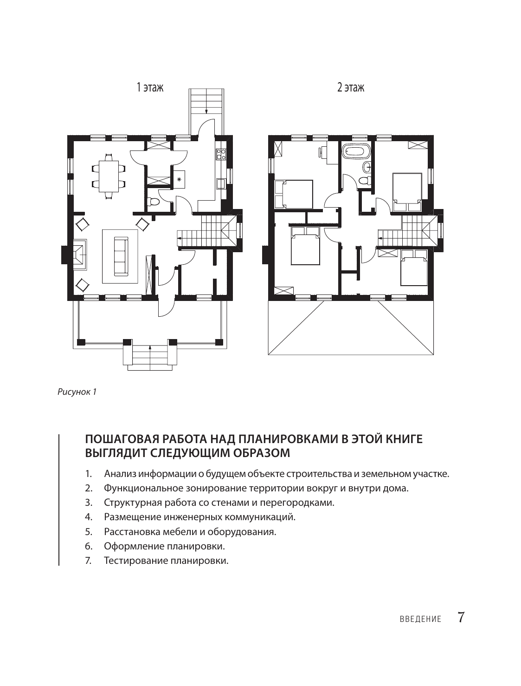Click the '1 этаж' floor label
(150, 87)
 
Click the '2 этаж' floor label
(350, 87)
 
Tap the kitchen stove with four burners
(221, 154)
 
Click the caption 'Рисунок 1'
(77, 392)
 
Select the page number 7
(461, 618)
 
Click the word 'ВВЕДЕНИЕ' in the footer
(420, 620)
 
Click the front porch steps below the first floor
(149, 355)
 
